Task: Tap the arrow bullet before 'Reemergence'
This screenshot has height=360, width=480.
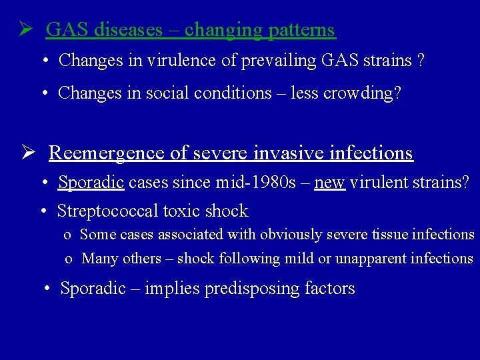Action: pos(27,153)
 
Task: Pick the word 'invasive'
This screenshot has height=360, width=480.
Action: pos(294,153)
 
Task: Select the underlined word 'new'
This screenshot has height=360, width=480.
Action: pos(329,183)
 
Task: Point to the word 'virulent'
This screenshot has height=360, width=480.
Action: pos(376,183)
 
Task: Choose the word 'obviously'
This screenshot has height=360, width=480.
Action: pos(290,235)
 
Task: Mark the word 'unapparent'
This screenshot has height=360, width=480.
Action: pos(369,259)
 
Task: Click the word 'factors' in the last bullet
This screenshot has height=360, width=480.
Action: pos(330,289)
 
